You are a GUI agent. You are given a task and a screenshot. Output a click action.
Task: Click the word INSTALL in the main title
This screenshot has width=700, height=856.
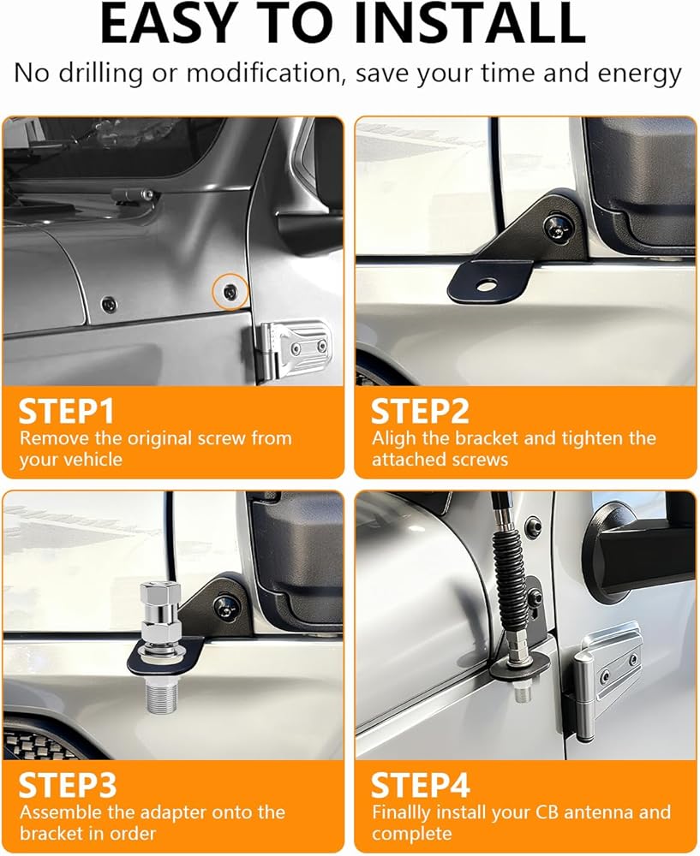pos(470,24)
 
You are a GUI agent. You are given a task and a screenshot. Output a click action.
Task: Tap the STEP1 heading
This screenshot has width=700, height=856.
pos(66,411)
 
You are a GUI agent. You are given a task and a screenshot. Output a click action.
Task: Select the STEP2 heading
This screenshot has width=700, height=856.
pos(420,411)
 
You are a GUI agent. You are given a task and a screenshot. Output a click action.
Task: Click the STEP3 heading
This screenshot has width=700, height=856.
pos(67,786)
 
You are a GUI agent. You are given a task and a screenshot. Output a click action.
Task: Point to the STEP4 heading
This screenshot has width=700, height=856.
pos(420,786)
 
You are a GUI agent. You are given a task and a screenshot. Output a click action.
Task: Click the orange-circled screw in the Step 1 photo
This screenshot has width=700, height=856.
pos(230,292)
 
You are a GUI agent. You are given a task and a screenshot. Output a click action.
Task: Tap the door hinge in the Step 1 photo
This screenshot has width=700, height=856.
pos(295,348)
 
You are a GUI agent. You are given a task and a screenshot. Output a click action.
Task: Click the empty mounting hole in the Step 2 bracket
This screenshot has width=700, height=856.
pos(486,284)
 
